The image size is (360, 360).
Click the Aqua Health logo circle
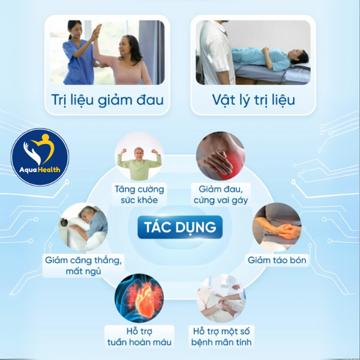[x=40, y=158]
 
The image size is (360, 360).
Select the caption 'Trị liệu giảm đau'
[x=103, y=98]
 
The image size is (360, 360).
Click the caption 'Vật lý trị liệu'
[x=253, y=98]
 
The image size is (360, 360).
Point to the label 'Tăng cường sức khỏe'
[x=139, y=195]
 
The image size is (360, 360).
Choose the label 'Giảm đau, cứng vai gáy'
[x=220, y=195]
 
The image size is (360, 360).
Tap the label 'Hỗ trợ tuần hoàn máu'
[x=139, y=337]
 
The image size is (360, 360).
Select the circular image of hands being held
[x=221, y=298]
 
